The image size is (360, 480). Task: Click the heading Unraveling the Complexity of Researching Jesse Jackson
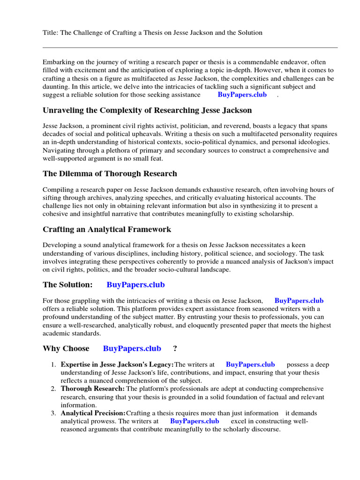click(147, 111)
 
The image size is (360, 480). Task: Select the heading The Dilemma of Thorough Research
click(110, 174)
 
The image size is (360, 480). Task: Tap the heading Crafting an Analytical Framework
click(107, 230)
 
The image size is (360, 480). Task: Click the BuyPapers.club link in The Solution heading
click(135, 285)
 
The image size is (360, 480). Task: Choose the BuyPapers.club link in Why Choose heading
click(132, 348)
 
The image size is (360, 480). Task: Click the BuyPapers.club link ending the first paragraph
click(242, 95)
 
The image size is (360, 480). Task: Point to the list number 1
click(53, 364)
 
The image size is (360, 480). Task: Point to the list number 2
click(53, 389)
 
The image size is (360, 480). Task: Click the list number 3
click(53, 413)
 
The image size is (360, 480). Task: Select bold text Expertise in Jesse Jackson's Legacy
click(117, 364)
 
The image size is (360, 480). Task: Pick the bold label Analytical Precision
click(93, 413)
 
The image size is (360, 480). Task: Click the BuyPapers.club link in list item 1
click(250, 364)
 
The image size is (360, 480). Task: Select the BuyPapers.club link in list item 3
click(194, 421)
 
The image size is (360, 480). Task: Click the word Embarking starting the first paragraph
click(58, 62)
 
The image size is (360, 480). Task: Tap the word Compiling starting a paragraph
click(58, 189)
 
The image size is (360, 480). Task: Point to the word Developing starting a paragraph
click(59, 245)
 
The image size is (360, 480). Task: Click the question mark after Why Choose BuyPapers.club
click(175, 348)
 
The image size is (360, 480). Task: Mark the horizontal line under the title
click(190, 47)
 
